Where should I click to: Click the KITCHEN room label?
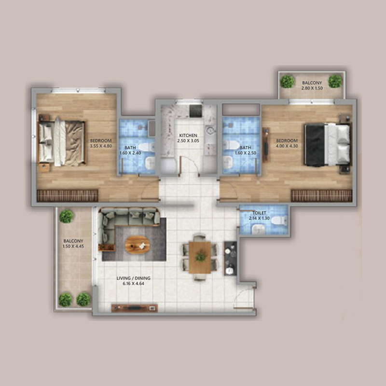click(188, 136)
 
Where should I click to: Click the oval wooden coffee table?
click(138, 245)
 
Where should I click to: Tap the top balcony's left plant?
click(288, 81)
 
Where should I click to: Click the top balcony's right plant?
click(335, 81)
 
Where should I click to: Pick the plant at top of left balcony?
click(66, 216)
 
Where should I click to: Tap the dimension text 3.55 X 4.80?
click(101, 146)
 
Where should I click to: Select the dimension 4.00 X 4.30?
click(286, 146)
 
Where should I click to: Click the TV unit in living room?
click(134, 307)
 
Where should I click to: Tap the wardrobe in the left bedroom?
click(68, 195)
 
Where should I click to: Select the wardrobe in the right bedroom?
click(321, 195)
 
